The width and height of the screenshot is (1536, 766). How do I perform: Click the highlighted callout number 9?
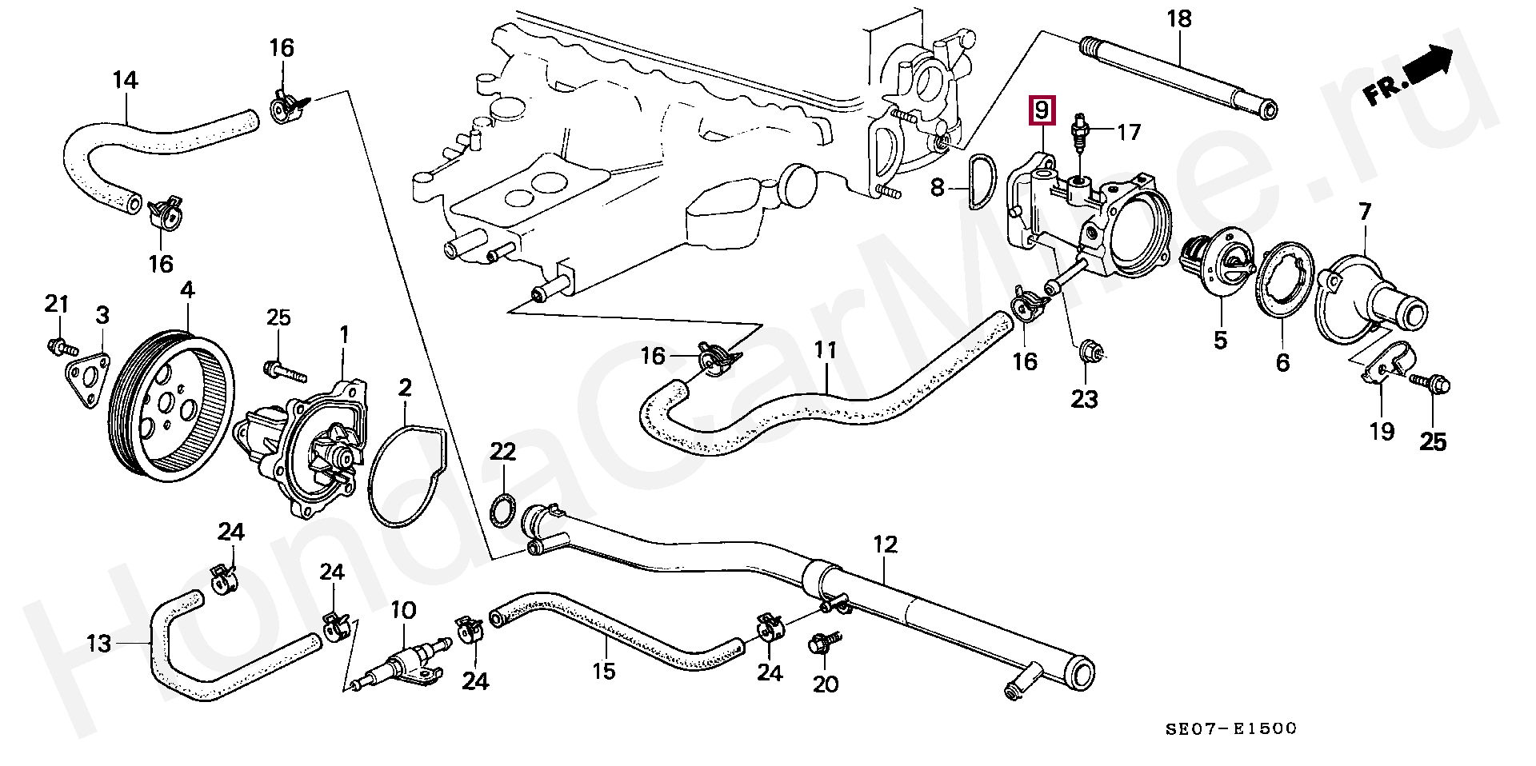[x=1041, y=110]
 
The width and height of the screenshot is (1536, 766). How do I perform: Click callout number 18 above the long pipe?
[x=1179, y=19]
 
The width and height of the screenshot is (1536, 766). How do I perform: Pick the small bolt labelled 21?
[x=61, y=347]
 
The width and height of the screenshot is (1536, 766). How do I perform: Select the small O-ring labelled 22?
[x=502, y=509]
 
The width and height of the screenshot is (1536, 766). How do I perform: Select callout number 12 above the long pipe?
[x=886, y=545]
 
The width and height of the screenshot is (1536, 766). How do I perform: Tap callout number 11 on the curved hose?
[x=826, y=350]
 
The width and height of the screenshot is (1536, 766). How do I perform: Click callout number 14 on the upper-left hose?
[x=125, y=80]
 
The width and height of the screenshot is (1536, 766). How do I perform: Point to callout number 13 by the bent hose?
[x=99, y=644]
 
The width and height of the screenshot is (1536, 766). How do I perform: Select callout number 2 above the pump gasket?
[x=405, y=389]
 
